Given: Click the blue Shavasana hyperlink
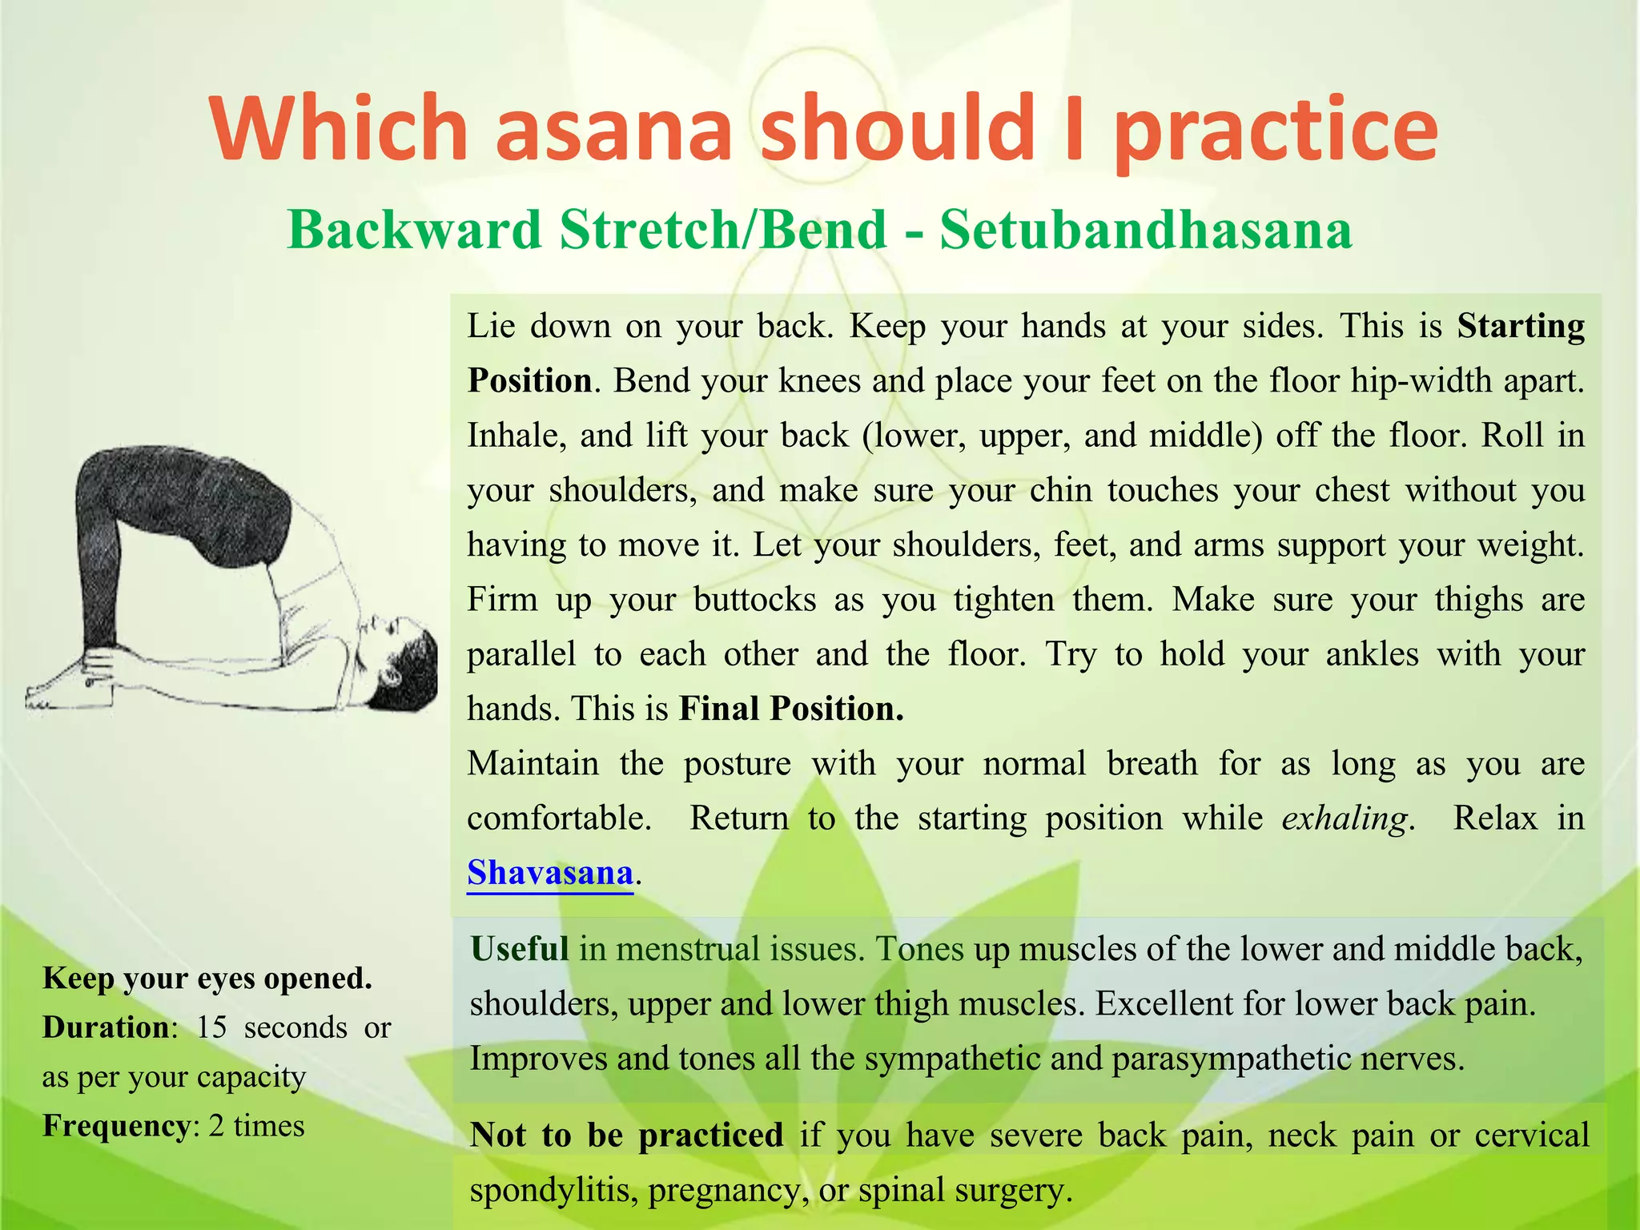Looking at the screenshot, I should [x=550, y=872].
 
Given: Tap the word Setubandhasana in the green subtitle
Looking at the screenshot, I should [x=1146, y=230].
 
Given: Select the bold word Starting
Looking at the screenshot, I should [x=1521, y=327].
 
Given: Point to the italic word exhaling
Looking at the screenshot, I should [x=1345, y=818].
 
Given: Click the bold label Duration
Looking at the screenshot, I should [x=107, y=1027].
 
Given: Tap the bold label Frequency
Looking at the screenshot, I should [x=116, y=1126].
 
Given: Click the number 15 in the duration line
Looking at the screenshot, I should [x=212, y=1027].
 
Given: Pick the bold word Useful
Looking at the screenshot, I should [x=520, y=949].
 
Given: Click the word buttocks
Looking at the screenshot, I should [x=754, y=600].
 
